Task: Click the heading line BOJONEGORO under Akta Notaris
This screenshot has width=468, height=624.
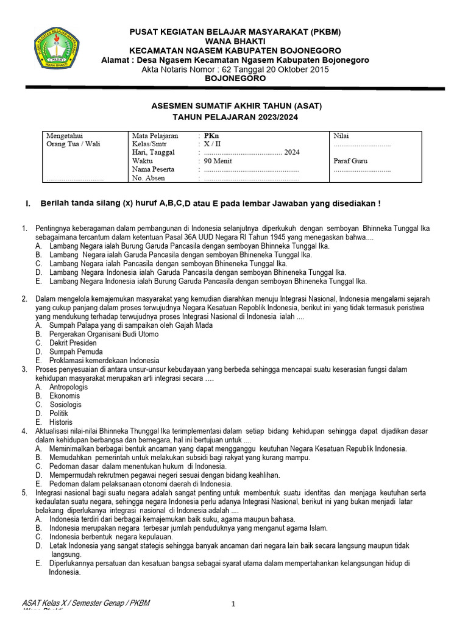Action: pyautogui.click(x=235, y=79)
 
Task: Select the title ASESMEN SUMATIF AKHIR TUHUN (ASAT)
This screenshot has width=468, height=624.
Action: pyautogui.click(x=236, y=106)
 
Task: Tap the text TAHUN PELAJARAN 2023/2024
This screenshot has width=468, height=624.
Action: pyautogui.click(x=236, y=117)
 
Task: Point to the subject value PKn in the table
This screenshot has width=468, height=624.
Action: pyautogui.click(x=211, y=135)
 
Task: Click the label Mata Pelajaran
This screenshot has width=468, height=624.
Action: pyautogui.click(x=155, y=135)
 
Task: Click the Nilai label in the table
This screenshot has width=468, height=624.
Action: pyautogui.click(x=341, y=135)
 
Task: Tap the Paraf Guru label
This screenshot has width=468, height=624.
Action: pyautogui.click(x=350, y=161)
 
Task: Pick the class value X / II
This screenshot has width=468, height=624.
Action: pyautogui.click(x=213, y=144)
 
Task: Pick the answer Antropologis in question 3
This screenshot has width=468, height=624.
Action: pyautogui.click(x=68, y=387)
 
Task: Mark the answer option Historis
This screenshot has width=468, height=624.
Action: pyautogui.click(x=61, y=422)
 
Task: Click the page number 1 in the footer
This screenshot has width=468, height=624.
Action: pyautogui.click(x=233, y=604)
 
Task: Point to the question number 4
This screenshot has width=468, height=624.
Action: pyautogui.click(x=24, y=431)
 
